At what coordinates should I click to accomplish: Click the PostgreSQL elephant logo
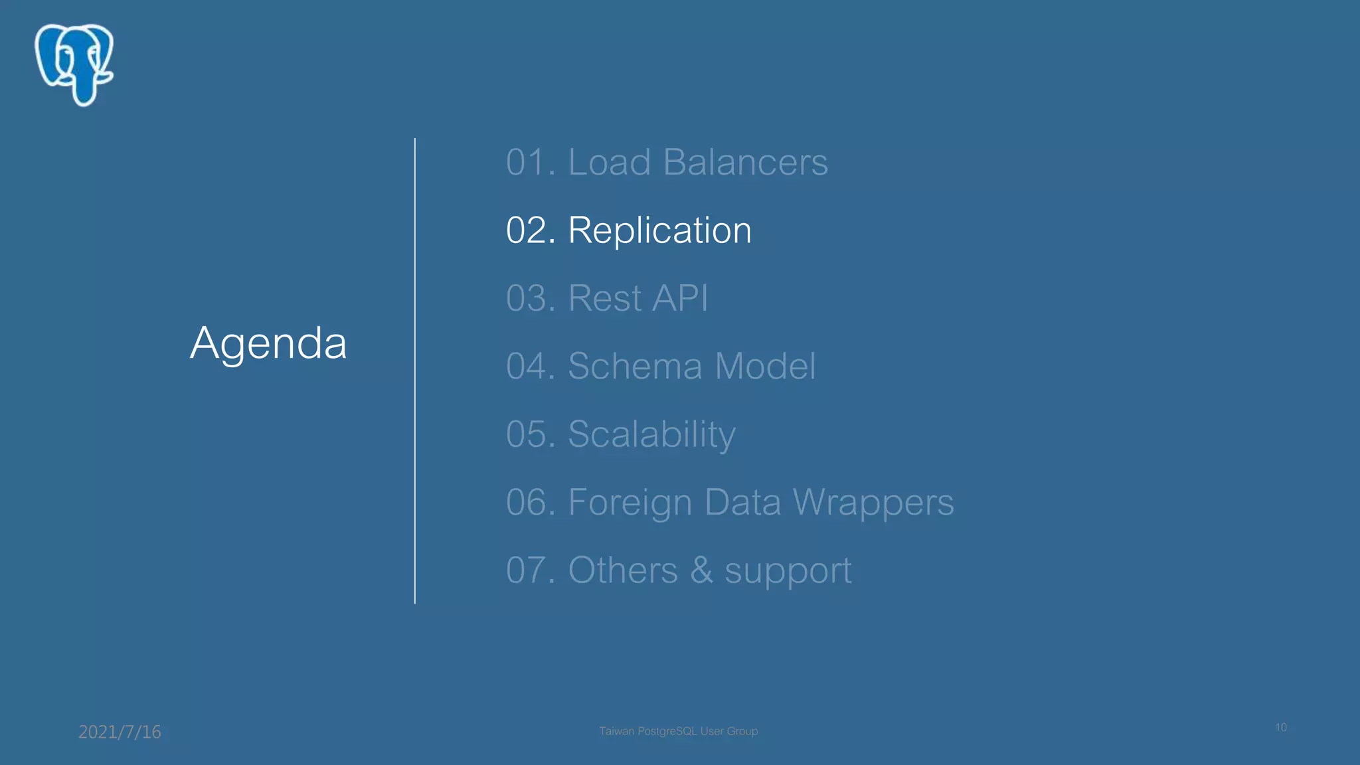click(x=74, y=64)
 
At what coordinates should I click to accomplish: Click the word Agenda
click(x=268, y=343)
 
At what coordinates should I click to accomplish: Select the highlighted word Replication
click(x=659, y=230)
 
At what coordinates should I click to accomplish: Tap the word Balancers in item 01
click(x=745, y=162)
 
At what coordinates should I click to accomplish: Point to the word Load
click(x=609, y=162)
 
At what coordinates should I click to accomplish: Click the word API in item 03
click(x=680, y=298)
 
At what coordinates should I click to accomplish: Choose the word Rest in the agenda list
click(x=604, y=298)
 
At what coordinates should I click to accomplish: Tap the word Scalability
click(x=651, y=434)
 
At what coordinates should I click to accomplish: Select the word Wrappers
click(x=873, y=502)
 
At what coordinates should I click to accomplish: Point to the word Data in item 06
click(x=742, y=502)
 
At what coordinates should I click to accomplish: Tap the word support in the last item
click(x=788, y=571)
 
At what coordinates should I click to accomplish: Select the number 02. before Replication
click(x=531, y=230)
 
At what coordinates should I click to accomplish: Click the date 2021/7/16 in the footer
click(x=120, y=732)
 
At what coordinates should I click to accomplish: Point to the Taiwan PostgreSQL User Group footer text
click(x=678, y=731)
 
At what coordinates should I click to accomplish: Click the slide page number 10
click(x=1281, y=727)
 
